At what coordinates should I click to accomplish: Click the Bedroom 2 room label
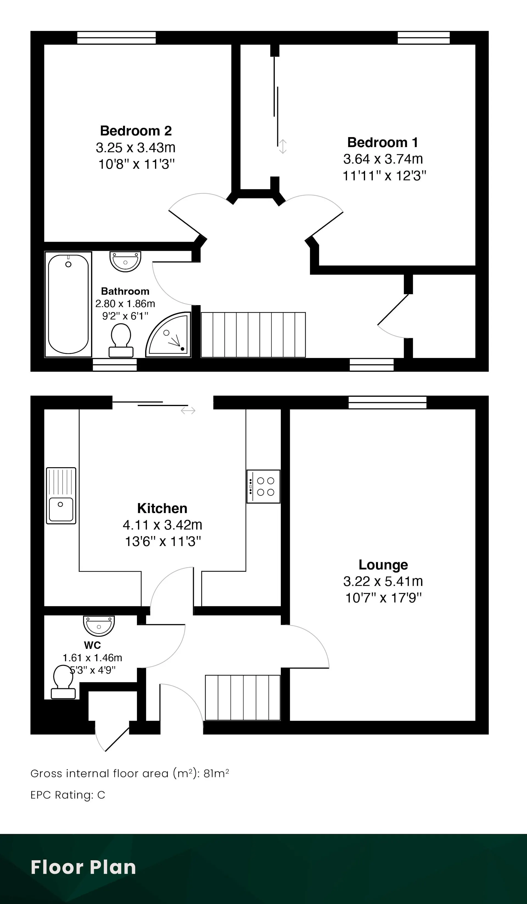[x=136, y=131]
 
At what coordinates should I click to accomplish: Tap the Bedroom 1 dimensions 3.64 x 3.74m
[x=383, y=159]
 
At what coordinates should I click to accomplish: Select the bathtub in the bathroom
[x=68, y=304]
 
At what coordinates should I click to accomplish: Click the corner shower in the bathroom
[x=168, y=335]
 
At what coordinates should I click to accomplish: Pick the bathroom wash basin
[x=125, y=261]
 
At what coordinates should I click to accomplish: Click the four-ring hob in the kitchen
[x=263, y=486]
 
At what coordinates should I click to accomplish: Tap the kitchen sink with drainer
[x=61, y=495]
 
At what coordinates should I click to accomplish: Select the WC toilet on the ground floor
[x=63, y=682]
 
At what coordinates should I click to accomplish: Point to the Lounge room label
[x=383, y=565]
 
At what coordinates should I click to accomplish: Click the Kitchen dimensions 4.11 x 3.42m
[x=162, y=525]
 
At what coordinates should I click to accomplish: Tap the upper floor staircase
[x=253, y=335]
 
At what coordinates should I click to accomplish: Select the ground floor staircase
[x=243, y=697]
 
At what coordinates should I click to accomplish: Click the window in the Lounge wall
[x=387, y=402]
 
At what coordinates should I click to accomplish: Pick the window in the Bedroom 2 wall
[x=117, y=38]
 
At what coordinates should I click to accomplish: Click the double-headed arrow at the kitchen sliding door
[x=188, y=410]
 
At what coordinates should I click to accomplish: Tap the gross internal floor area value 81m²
[x=216, y=773]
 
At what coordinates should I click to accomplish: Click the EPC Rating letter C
[x=101, y=795]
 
